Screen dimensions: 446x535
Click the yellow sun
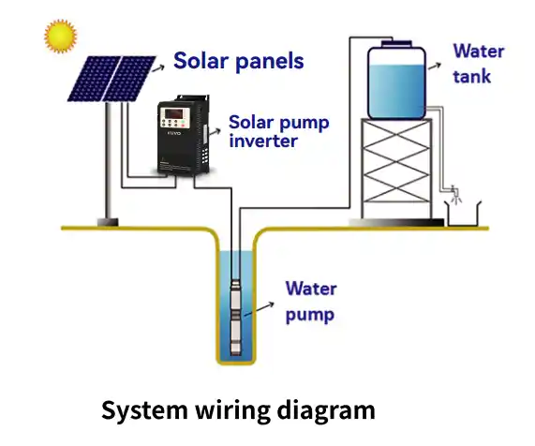59,37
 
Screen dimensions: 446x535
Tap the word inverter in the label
263,141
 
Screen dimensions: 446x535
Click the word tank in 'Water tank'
472,76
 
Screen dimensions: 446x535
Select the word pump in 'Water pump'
309,315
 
